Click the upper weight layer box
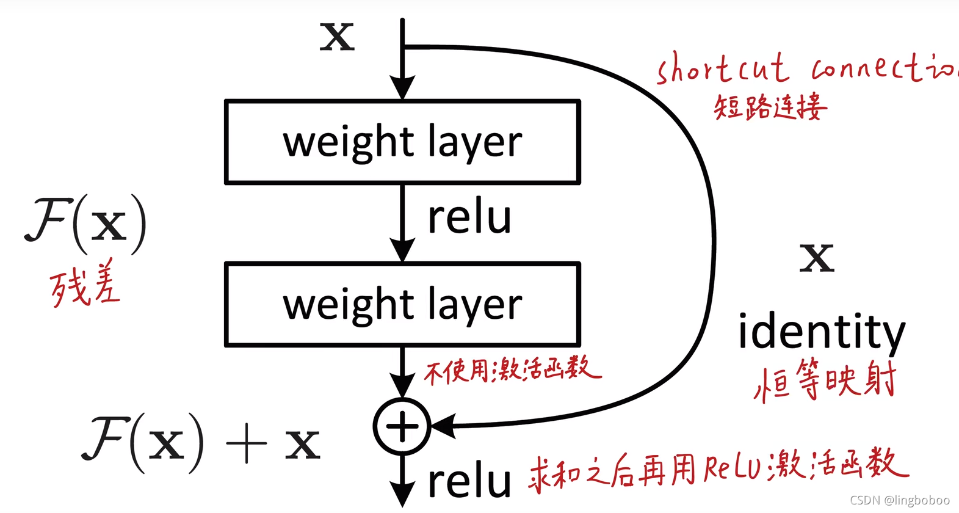click(402, 142)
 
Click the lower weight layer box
click(402, 304)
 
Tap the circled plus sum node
click(402, 426)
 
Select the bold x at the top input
click(337, 37)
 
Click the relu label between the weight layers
click(469, 217)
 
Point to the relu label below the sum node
click(469, 481)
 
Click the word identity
click(821, 332)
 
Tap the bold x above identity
click(817, 257)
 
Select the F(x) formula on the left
click(86, 224)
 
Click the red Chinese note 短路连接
click(770, 107)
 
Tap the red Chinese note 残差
click(85, 285)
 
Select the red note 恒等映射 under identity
click(825, 380)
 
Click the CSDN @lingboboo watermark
click(900, 500)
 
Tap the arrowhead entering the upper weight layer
click(402, 87)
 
